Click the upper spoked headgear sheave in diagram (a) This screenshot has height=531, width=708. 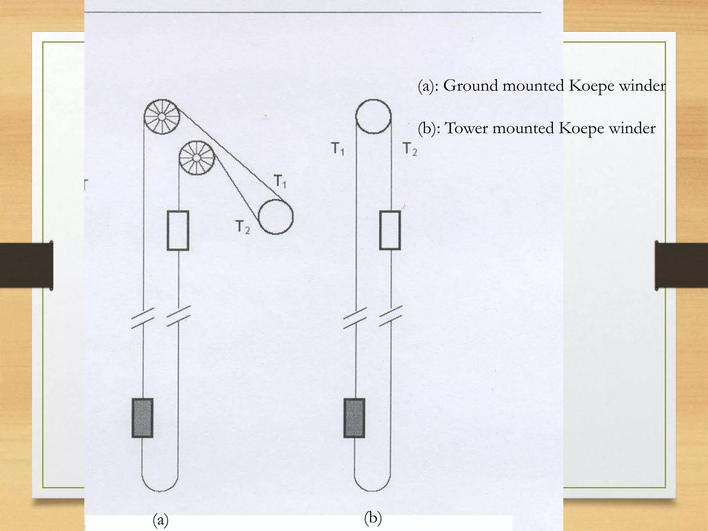(161, 117)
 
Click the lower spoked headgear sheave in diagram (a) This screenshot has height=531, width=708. (196, 158)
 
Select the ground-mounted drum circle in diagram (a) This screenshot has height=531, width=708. (276, 217)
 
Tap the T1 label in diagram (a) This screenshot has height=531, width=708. (280, 181)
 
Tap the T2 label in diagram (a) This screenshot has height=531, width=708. (242, 227)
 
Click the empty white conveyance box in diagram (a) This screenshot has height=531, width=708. (178, 230)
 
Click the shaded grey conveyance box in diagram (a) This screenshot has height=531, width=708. (142, 418)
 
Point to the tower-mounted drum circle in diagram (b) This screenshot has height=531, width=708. (373, 117)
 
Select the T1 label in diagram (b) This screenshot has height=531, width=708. (338, 149)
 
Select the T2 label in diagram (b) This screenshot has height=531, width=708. (410, 149)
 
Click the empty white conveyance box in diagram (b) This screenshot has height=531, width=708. (390, 230)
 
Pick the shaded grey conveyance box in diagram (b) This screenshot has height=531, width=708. (354, 418)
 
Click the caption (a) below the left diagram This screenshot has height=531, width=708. (160, 520)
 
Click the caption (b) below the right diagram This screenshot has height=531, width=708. (373, 518)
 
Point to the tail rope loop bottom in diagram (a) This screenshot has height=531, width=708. (160, 490)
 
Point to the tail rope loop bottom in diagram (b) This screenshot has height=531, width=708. (372, 490)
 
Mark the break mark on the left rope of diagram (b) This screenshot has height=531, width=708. (355, 318)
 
